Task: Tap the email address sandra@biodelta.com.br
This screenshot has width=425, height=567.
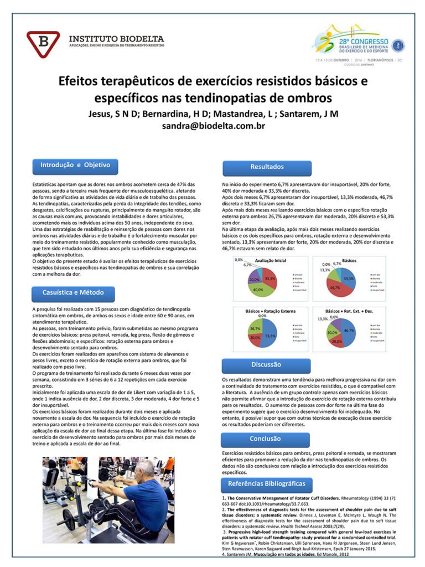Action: (213, 126)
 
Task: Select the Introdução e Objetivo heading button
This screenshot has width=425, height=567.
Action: (75, 165)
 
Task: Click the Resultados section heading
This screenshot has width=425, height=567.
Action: (267, 166)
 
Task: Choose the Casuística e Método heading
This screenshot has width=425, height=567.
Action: (73, 292)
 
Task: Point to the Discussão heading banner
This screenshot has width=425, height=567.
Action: (266, 365)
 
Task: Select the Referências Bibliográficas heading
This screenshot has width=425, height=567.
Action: (267, 483)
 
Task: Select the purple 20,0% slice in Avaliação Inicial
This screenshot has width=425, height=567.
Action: (254, 275)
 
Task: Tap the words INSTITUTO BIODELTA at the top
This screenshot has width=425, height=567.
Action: (116, 39)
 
